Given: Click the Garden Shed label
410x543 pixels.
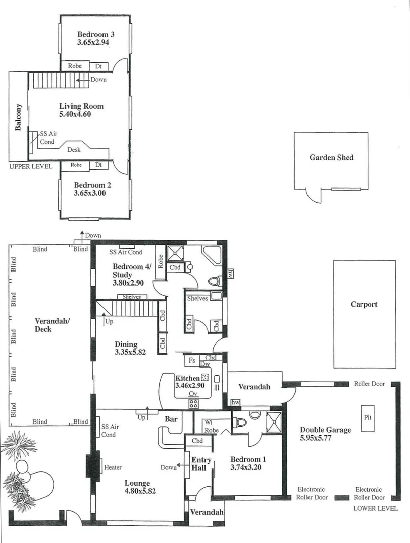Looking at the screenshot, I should pyautogui.click(x=331, y=157).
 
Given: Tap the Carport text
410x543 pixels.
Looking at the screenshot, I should pyautogui.click(x=364, y=304).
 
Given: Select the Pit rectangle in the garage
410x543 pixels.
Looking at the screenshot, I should pyautogui.click(x=368, y=416).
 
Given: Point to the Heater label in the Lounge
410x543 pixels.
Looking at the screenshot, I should pyautogui.click(x=113, y=467).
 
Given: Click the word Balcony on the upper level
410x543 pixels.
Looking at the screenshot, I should pyautogui.click(x=18, y=117).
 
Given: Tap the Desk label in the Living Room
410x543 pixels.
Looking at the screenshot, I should pyautogui.click(x=74, y=150).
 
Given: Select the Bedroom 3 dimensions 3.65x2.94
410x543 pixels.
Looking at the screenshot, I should pyautogui.click(x=93, y=43).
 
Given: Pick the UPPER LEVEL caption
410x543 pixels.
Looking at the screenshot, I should pyautogui.click(x=30, y=166).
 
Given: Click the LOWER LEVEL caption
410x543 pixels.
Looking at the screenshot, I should pyautogui.click(x=375, y=508).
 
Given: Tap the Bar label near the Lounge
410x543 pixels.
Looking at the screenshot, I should pyautogui.click(x=171, y=418).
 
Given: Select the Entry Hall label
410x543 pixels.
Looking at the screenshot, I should pyautogui.click(x=201, y=464).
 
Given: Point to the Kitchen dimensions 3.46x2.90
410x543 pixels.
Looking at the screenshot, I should pyautogui.click(x=191, y=385).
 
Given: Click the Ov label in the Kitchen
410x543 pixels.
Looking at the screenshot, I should pyautogui.click(x=193, y=394).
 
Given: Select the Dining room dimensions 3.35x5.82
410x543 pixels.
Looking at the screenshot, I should pyautogui.click(x=130, y=352).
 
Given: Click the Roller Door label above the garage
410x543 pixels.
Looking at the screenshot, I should pyautogui.click(x=369, y=384).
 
